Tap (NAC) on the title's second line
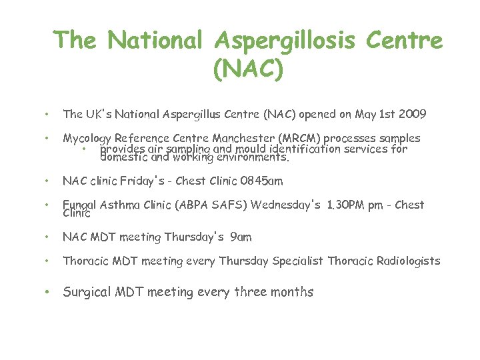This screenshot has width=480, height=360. pos(248,67)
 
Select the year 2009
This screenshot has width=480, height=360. pos(412,115)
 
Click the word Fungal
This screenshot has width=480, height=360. pos(80,205)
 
